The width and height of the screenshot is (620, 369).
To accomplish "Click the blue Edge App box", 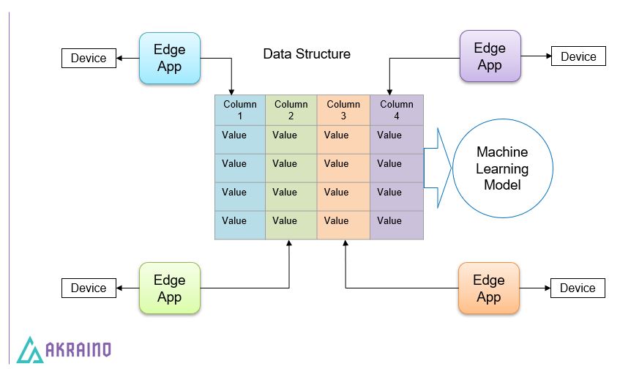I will [x=169, y=58].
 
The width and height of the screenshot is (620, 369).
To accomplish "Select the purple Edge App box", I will [x=490, y=56].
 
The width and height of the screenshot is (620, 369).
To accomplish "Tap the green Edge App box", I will [x=169, y=288].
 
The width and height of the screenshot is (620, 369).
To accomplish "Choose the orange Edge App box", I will [x=488, y=288].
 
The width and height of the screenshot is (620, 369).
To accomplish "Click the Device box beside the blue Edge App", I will [x=89, y=59].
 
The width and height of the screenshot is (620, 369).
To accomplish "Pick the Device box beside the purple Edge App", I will [x=578, y=56].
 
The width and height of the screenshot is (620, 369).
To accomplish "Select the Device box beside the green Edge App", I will [x=89, y=288].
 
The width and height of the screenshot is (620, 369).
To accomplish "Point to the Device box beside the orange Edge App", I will [x=578, y=288].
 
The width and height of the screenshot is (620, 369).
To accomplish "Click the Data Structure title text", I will [x=307, y=54].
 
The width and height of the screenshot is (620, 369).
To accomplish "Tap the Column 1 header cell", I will [x=240, y=110].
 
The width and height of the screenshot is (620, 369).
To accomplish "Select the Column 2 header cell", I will [x=291, y=110].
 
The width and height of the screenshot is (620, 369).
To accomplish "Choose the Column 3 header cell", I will [x=343, y=110].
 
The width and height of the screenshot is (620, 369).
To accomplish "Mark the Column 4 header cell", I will [x=396, y=110].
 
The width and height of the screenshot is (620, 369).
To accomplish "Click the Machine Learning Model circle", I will [x=501, y=169].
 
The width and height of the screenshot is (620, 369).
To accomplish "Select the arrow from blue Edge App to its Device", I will [x=127, y=59].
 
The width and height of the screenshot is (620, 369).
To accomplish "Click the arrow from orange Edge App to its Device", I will [x=534, y=288].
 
